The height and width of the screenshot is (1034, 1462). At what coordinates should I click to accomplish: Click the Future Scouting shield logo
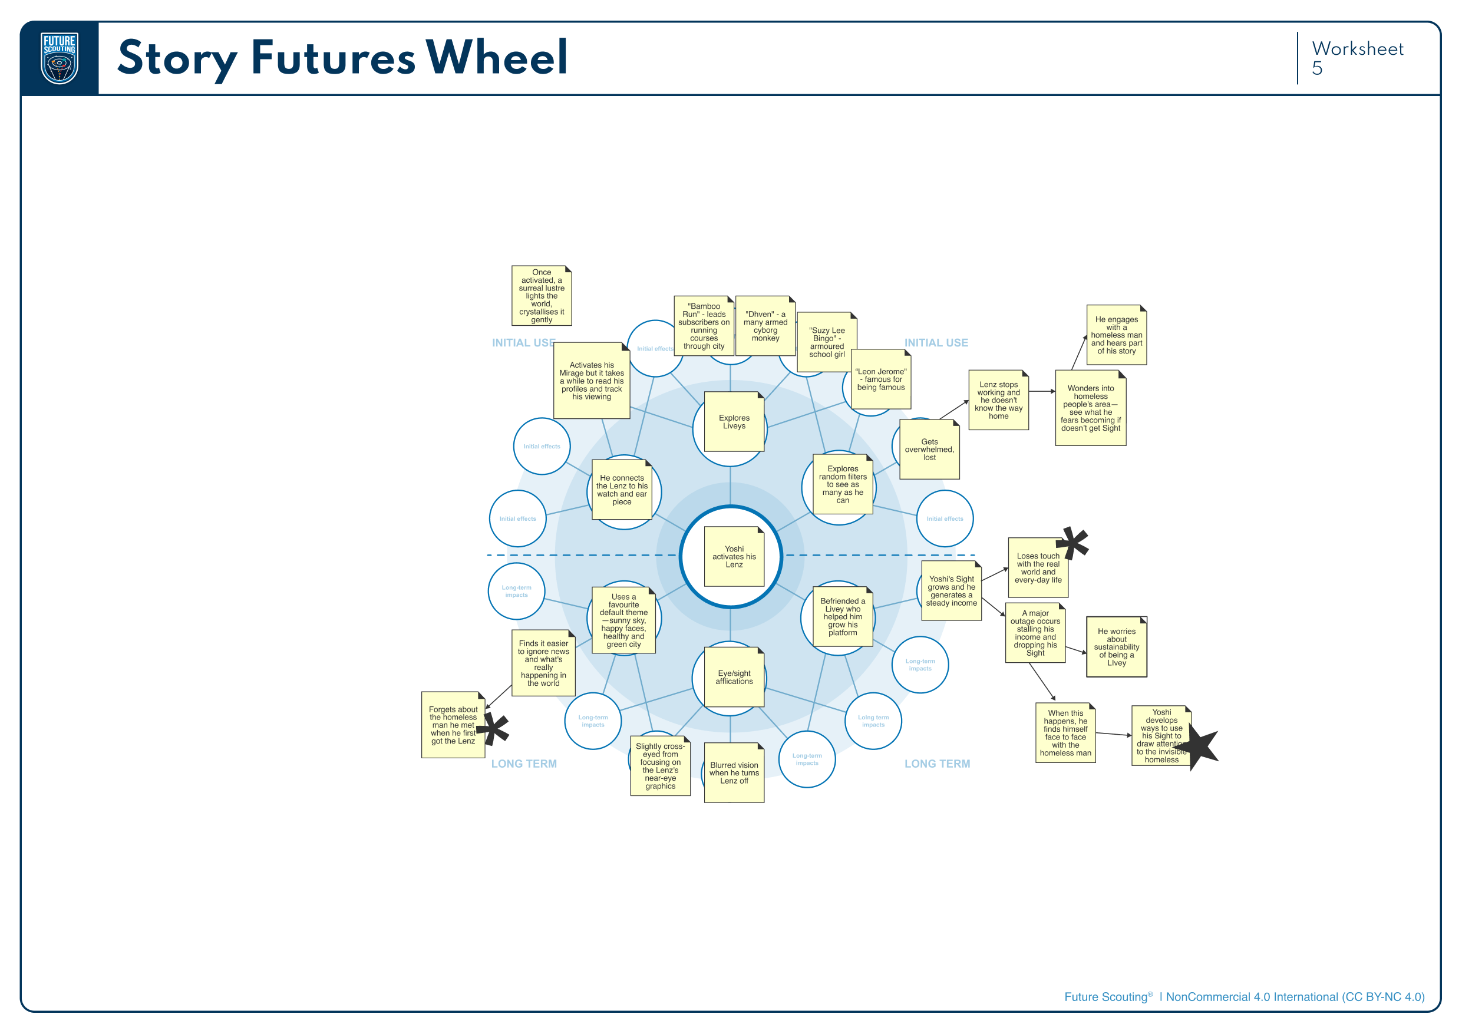(x=59, y=58)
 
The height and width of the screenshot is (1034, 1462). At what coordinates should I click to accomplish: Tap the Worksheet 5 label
(x=1357, y=58)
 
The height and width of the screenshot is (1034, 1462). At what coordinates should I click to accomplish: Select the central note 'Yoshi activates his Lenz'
(x=734, y=557)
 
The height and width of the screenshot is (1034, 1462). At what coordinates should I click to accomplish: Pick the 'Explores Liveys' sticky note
(x=734, y=421)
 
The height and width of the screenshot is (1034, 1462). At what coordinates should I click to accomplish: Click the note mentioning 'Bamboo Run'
(x=704, y=326)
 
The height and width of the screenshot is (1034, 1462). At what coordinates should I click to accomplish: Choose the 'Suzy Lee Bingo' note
(x=827, y=342)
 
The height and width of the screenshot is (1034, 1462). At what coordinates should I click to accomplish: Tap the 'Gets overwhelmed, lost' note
(x=929, y=449)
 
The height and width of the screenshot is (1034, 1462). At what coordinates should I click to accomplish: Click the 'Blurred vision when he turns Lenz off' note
(x=734, y=772)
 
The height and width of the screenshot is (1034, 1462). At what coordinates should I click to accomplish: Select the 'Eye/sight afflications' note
(x=734, y=677)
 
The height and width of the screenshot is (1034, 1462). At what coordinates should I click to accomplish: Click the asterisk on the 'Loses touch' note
(x=1073, y=543)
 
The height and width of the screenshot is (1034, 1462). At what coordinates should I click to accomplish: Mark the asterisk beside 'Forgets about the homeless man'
(x=495, y=729)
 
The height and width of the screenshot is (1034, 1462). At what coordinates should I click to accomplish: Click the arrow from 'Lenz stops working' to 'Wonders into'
(x=1042, y=392)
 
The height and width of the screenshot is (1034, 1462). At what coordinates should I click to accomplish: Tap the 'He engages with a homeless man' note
(x=1116, y=335)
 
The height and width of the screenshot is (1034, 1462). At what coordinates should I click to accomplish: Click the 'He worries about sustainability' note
(x=1116, y=647)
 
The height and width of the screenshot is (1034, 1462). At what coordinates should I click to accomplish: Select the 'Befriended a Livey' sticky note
(x=843, y=616)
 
